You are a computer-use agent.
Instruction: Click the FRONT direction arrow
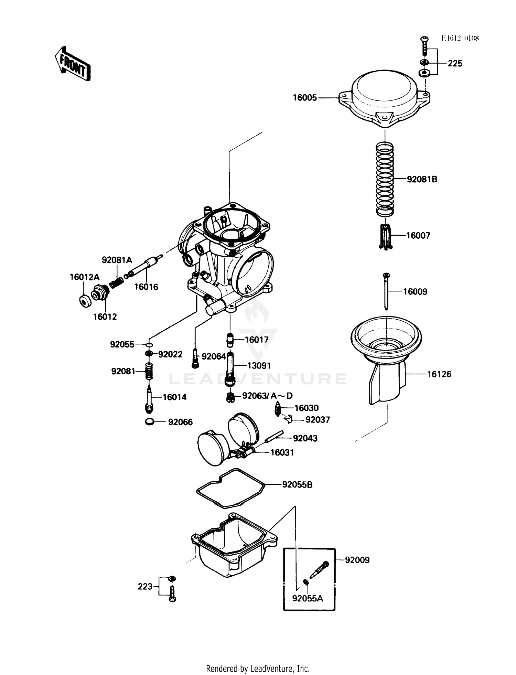pos(73,64)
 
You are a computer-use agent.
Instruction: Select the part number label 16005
pos(305,98)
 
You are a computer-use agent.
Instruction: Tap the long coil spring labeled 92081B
pos(385,179)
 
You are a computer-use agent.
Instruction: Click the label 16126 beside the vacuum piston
pos(439,374)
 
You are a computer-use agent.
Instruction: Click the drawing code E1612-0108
pos(460,38)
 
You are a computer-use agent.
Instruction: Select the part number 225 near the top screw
pos(455,63)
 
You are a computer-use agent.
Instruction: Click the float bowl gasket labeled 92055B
pos(230,488)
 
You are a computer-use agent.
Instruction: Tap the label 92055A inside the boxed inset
pos(308,598)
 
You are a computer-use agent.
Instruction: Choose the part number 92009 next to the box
pos(357,560)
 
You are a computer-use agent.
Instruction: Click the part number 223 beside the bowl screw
pos(145,586)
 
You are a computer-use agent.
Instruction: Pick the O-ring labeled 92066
pos(150,421)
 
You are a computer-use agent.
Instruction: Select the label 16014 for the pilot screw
pos(174,397)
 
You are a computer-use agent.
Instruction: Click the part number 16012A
pos(85,277)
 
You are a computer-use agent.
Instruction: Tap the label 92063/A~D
pos(267,396)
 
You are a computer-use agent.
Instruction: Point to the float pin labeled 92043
pos(274,437)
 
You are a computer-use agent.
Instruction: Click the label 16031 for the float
pos(282,452)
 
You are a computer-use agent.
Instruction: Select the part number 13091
pos(259,365)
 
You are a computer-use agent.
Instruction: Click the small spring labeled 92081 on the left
pos(149,371)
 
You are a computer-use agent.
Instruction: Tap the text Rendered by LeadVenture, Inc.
pos(258,668)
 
